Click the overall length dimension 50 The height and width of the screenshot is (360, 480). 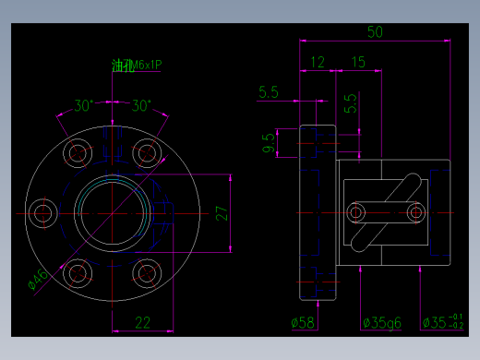375,31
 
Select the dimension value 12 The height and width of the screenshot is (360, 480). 317,62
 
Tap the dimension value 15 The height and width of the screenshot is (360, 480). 358,62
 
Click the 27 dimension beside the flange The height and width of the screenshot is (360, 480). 222,213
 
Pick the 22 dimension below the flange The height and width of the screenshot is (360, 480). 143,321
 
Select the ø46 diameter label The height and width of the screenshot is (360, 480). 38,280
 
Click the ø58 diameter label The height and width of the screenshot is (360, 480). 303,322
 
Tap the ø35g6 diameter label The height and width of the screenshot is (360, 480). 380,322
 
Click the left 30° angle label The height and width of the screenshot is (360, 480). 84,105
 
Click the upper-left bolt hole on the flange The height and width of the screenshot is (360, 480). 77,153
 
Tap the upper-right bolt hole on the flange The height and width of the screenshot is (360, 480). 145,153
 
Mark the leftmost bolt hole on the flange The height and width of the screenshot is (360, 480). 42,213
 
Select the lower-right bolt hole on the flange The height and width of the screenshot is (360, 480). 145,272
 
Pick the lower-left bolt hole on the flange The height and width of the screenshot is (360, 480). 77,272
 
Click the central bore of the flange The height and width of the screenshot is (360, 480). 110,212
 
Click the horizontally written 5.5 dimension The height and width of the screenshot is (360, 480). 269,92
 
